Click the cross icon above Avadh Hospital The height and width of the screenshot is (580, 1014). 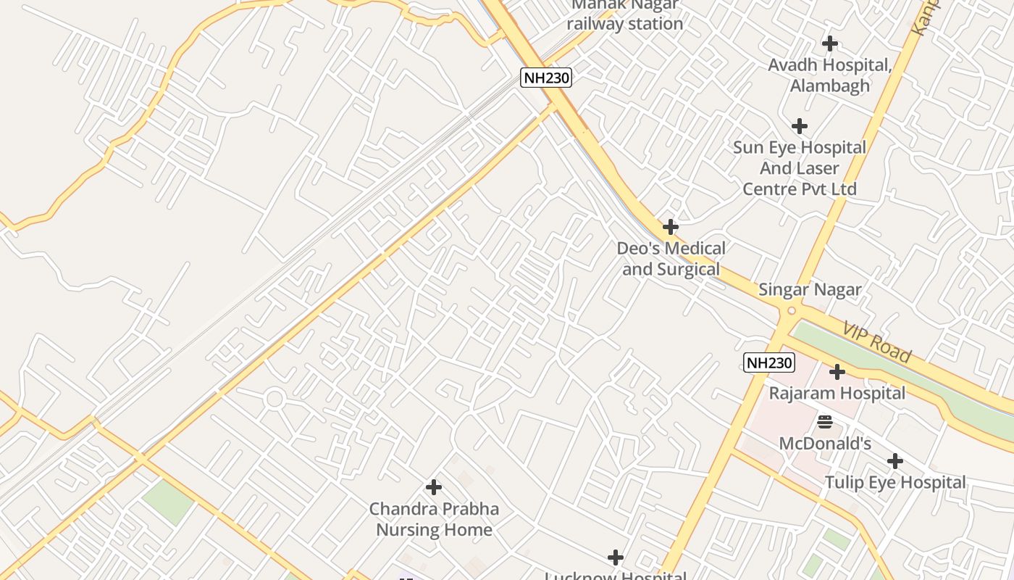pyautogui.click(x=829, y=43)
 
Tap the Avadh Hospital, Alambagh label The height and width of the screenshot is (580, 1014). pyautogui.click(x=829, y=75)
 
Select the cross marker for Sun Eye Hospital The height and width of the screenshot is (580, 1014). pyautogui.click(x=799, y=126)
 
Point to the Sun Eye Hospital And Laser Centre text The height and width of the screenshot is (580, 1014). pyautogui.click(x=799, y=168)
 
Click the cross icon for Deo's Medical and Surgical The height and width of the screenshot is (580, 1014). pyautogui.click(x=671, y=227)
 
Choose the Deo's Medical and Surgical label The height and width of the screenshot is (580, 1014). pyautogui.click(x=671, y=259)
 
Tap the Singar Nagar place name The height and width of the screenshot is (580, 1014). pyautogui.click(x=810, y=290)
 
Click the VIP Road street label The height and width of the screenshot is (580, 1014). pyautogui.click(x=877, y=341)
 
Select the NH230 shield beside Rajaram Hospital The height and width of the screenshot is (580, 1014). pyautogui.click(x=768, y=362)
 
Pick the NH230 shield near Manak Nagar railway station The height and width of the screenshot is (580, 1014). pyautogui.click(x=546, y=78)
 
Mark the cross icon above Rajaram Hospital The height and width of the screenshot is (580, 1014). pyautogui.click(x=837, y=372)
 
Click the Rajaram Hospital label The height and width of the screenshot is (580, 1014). pyautogui.click(x=837, y=394)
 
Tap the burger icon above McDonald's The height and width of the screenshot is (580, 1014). pyautogui.click(x=824, y=421)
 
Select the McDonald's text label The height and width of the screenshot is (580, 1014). pyautogui.click(x=825, y=443)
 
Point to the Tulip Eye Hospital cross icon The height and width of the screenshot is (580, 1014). pyautogui.click(x=895, y=461)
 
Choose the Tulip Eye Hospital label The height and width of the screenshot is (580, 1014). pyautogui.click(x=895, y=483)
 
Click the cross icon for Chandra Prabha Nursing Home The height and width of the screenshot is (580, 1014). pyautogui.click(x=434, y=487)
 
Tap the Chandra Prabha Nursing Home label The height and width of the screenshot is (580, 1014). pyautogui.click(x=434, y=519)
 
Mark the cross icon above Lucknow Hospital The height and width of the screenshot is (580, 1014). pyautogui.click(x=615, y=558)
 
